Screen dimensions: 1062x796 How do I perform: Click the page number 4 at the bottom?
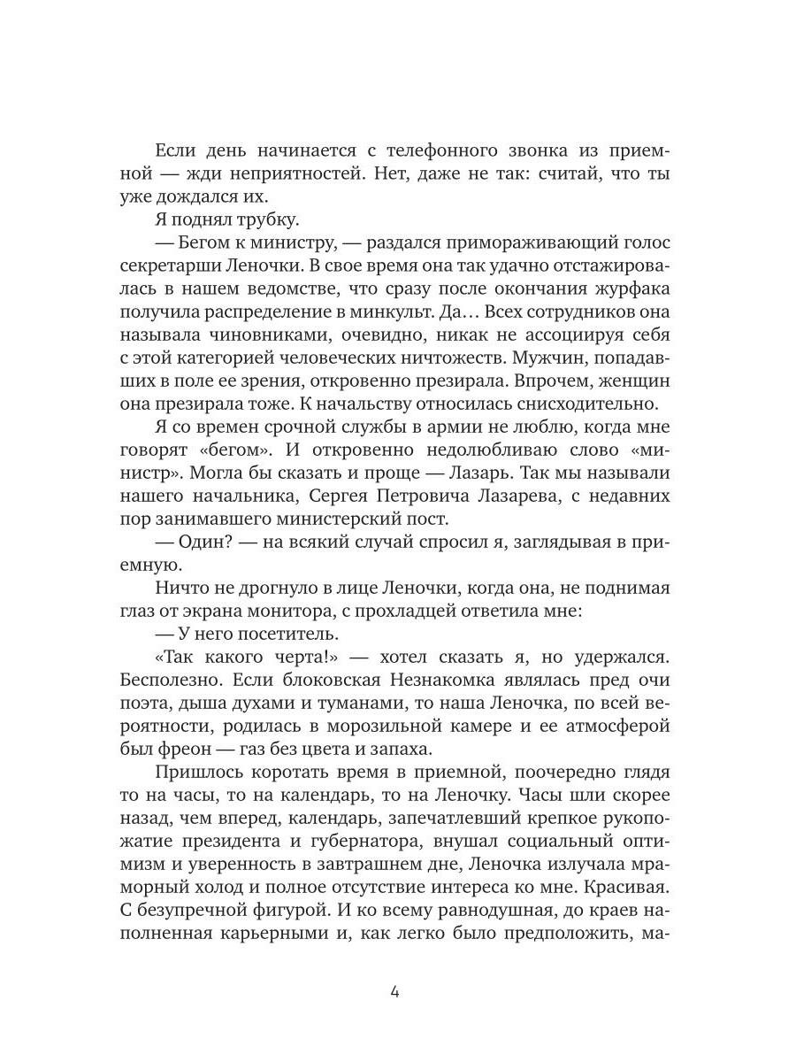click(394, 991)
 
